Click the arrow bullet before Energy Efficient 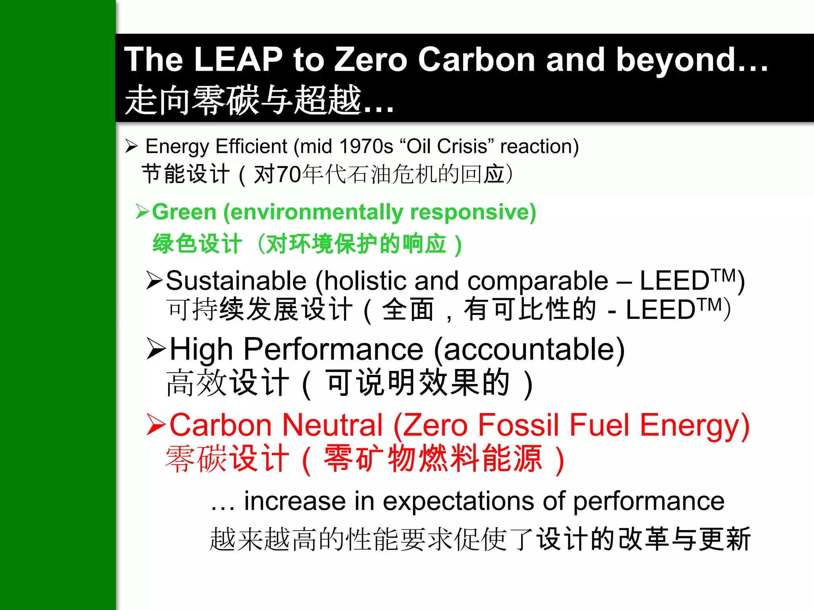tap(131, 146)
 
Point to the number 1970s tap(366, 147)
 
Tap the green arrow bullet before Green tap(142, 211)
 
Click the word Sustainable tap(236, 281)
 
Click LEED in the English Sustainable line tap(674, 281)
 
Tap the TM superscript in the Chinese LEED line tap(710, 305)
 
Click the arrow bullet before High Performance tap(156, 349)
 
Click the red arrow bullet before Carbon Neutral tap(156, 425)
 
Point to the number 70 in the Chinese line tap(288, 174)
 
